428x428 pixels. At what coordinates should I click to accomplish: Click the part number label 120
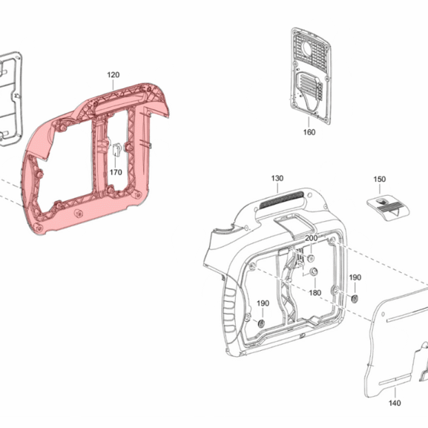click(113, 75)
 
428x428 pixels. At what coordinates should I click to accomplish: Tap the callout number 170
click(116, 172)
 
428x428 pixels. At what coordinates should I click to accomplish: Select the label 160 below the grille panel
click(309, 132)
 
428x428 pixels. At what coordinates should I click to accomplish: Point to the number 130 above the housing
click(277, 178)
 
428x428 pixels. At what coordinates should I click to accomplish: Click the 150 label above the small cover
click(379, 180)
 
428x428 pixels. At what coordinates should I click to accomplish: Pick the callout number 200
click(312, 238)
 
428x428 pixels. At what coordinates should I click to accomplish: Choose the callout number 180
click(315, 293)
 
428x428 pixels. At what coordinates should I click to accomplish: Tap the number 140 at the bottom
click(395, 403)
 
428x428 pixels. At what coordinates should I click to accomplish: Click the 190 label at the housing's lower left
click(263, 303)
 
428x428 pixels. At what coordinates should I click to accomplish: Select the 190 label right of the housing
click(355, 277)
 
